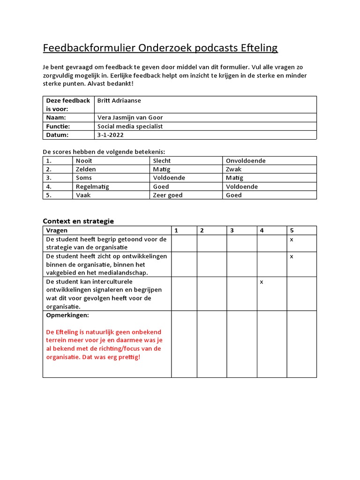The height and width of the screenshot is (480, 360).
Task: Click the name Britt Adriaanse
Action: click(119, 100)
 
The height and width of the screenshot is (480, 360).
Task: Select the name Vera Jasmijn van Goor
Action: click(130, 118)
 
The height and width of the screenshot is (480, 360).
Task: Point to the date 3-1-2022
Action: click(108, 135)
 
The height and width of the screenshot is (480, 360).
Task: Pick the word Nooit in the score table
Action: click(84, 161)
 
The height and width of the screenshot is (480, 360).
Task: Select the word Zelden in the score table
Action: click(86, 169)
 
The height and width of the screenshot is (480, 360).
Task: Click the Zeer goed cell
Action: click(168, 195)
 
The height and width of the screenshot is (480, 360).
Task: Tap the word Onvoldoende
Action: click(246, 161)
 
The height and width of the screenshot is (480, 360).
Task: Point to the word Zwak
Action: click(233, 169)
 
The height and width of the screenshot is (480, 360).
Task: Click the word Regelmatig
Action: click(92, 187)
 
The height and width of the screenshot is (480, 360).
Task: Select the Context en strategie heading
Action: click(78, 221)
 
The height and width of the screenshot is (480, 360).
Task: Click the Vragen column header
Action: click(57, 230)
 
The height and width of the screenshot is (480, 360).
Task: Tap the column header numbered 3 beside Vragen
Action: click(232, 230)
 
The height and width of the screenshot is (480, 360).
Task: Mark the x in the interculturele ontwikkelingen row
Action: click(262, 282)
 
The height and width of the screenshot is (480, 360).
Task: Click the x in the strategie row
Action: click(292, 239)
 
